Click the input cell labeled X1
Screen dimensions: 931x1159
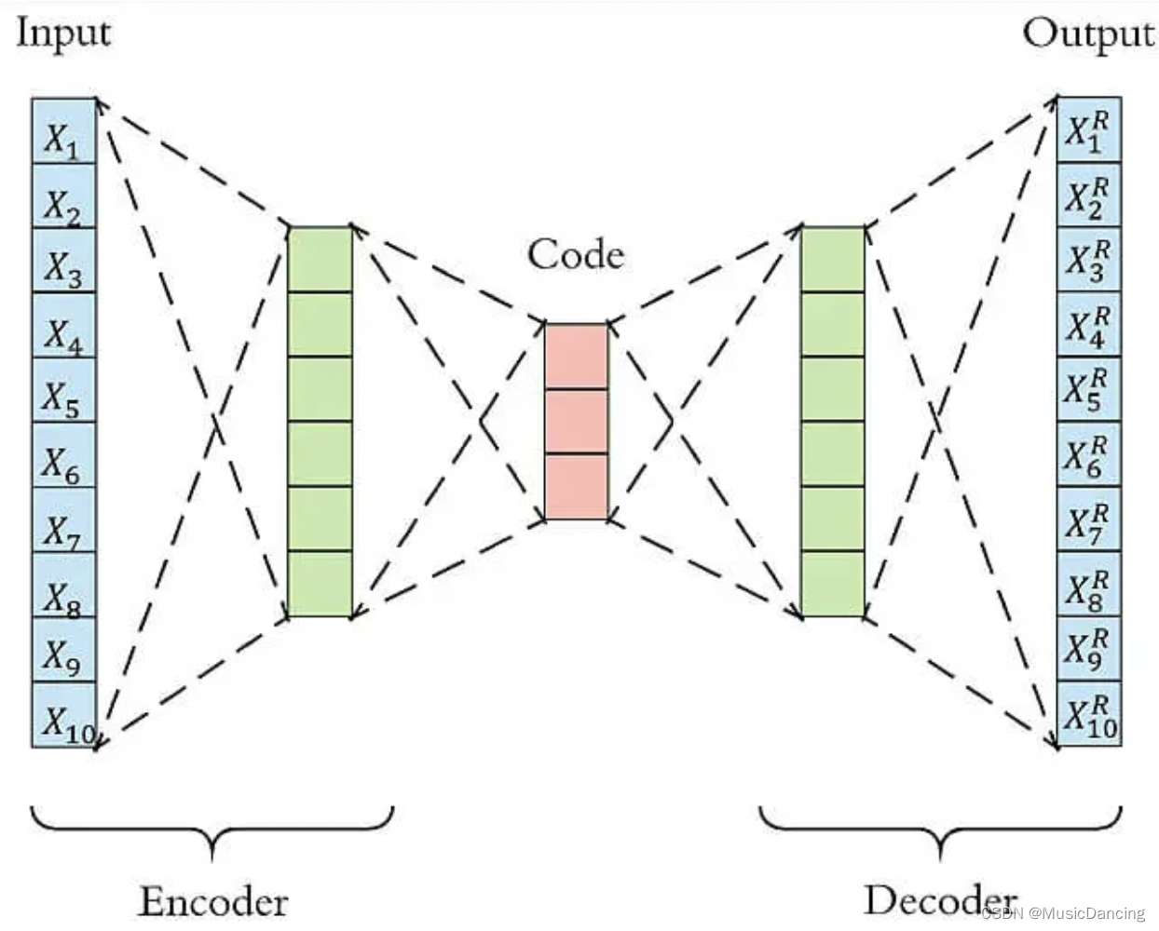[63, 132]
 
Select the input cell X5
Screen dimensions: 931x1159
[63, 391]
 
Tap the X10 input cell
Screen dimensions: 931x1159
[63, 715]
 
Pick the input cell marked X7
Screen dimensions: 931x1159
[63, 521]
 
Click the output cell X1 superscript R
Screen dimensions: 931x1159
[1088, 130]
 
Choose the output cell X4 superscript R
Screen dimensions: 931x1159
[1088, 325]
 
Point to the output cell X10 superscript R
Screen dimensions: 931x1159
[1088, 715]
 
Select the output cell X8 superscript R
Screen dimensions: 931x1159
[1088, 586]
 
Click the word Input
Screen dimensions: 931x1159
[63, 34]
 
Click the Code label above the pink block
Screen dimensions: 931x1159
[576, 255]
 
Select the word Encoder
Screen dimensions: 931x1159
[213, 901]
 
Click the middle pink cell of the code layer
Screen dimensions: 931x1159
[577, 422]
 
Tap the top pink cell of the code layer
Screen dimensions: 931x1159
[577, 357]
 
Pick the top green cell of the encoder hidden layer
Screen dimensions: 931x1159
[320, 260]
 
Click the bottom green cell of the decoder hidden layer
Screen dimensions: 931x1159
[833, 584]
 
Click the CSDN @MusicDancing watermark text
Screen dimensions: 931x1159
[1064, 913]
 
